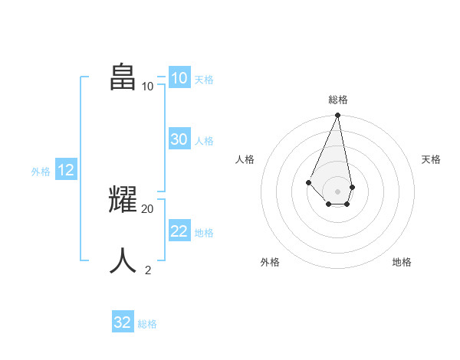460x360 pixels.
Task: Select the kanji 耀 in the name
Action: pyautogui.click(x=123, y=200)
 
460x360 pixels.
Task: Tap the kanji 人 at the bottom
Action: pyautogui.click(x=123, y=261)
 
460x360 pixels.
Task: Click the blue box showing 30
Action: pyautogui.click(x=179, y=139)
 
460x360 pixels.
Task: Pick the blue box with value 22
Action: pyautogui.click(x=179, y=231)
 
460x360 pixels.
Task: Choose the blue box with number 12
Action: pyautogui.click(x=66, y=171)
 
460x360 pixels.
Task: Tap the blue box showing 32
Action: pyautogui.click(x=123, y=322)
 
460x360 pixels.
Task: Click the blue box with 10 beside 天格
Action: pyautogui.click(x=179, y=78)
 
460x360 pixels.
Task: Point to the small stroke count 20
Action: pyautogui.click(x=147, y=208)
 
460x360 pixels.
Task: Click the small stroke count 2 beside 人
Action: pyautogui.click(x=147, y=270)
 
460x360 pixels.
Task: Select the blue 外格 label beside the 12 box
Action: pyautogui.click(x=41, y=172)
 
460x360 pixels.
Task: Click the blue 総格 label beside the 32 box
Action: pyautogui.click(x=147, y=324)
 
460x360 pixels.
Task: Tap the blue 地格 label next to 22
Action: pyautogui.click(x=204, y=233)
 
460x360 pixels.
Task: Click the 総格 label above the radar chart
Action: pyautogui.click(x=337, y=100)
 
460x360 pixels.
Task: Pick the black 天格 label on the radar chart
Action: pyautogui.click(x=431, y=159)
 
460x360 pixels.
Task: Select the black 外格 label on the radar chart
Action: pyautogui.click(x=270, y=262)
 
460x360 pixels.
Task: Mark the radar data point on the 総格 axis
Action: pyautogui.click(x=337, y=116)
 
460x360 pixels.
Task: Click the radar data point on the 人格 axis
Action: pyautogui.click(x=308, y=182)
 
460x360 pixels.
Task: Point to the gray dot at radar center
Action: pyautogui.click(x=337, y=191)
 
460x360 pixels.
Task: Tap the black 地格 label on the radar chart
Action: pyautogui.click(x=402, y=262)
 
